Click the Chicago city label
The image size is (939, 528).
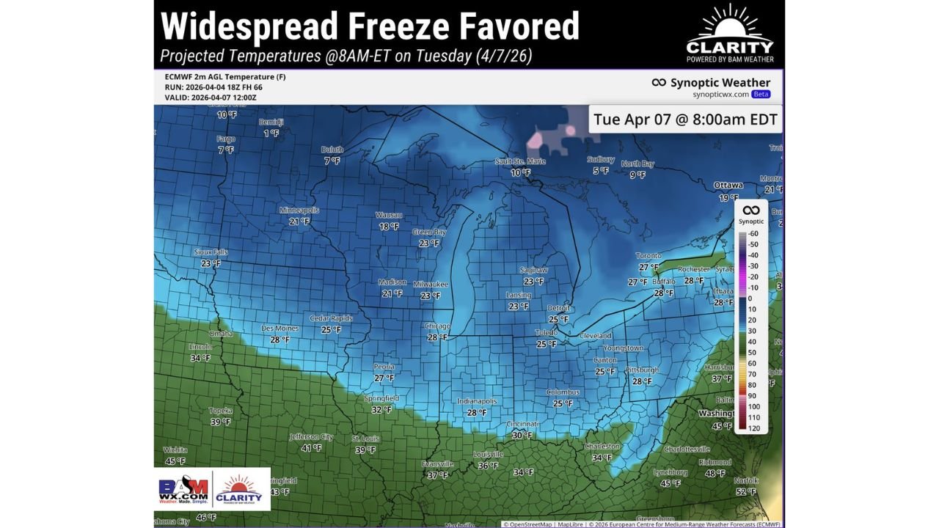pyautogui.click(x=437, y=326)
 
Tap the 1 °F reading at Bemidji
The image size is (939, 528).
pyautogui.click(x=271, y=133)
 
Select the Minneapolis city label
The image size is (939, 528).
pyautogui.click(x=299, y=210)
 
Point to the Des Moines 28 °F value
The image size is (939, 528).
pyautogui.click(x=279, y=340)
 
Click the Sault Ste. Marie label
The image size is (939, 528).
pyautogui.click(x=520, y=161)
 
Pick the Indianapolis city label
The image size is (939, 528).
pyautogui.click(x=477, y=401)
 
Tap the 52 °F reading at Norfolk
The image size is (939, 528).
pyautogui.click(x=746, y=491)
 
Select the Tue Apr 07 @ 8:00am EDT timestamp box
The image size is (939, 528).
pyautogui.click(x=685, y=119)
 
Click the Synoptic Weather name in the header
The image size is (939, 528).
pyautogui.click(x=720, y=83)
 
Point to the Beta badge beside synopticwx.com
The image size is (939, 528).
pyautogui.click(x=761, y=95)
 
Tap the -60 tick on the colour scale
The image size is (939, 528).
pyautogui.click(x=753, y=233)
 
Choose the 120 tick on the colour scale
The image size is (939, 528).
pyautogui.click(x=754, y=428)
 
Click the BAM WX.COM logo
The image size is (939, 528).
pyautogui.click(x=183, y=489)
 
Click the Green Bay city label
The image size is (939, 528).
pyautogui.click(x=429, y=232)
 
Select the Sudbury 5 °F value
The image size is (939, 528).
pyautogui.click(x=601, y=171)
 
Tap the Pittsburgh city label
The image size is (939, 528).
pyautogui.click(x=642, y=370)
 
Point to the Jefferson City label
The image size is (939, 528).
pyautogui.click(x=311, y=436)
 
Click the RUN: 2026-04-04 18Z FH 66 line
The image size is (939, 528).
pyautogui.click(x=213, y=87)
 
